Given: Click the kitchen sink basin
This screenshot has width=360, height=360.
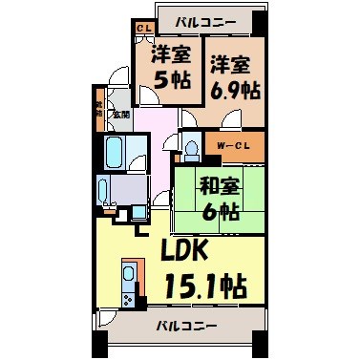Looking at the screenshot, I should (x=129, y=273).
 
